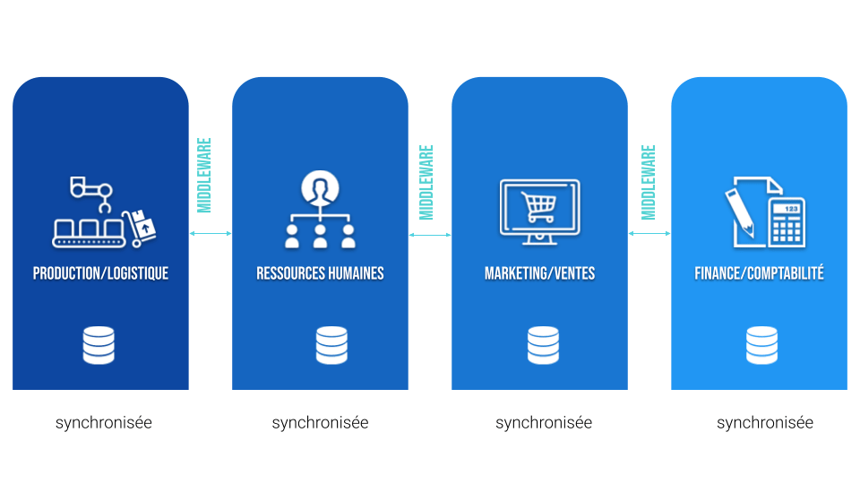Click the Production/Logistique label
tap(100, 273)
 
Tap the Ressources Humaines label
tap(320, 273)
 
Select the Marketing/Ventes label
tap(539, 273)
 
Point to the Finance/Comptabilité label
tap(759, 273)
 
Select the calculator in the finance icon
tap(787, 221)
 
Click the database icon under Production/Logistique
tap(99, 345)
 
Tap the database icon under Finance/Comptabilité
tap(761, 345)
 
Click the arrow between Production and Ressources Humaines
tap(211, 234)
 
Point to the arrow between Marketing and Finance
tap(649, 234)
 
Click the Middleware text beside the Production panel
tap(204, 175)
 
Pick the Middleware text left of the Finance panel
tap(649, 182)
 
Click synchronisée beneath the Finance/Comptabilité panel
tap(765, 423)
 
